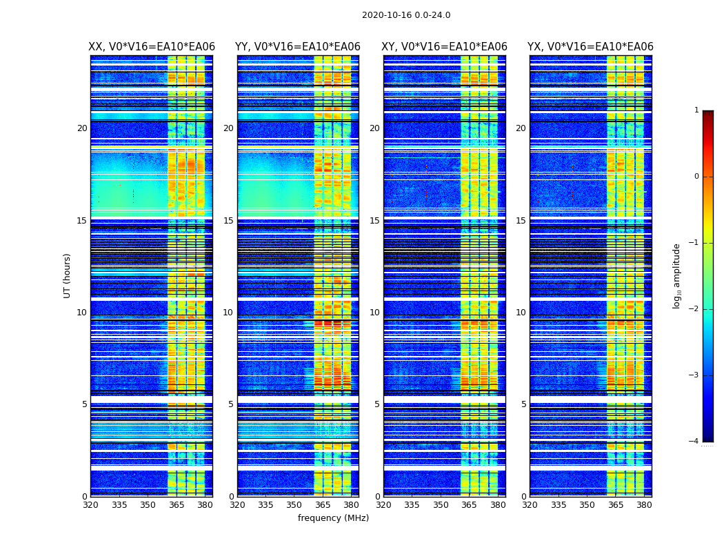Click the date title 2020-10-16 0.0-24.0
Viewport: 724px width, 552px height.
tap(406, 15)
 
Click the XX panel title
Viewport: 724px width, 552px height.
tap(152, 47)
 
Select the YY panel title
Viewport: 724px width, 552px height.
tap(298, 47)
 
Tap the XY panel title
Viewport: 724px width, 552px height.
tap(445, 47)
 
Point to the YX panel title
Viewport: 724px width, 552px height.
tap(590, 47)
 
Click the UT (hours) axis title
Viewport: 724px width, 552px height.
tap(68, 275)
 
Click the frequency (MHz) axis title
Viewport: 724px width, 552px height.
tap(333, 518)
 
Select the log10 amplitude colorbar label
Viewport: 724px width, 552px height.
tap(677, 275)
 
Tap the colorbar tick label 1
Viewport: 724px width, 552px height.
tap(696, 110)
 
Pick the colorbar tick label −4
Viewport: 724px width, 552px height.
tap(694, 442)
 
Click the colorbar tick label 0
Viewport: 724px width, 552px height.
tap(696, 177)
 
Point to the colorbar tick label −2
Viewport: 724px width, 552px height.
tap(694, 309)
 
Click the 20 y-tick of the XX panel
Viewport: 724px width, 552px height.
tap(82, 128)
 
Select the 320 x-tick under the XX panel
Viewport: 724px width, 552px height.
tap(90, 505)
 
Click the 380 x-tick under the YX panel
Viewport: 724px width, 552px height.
tap(644, 505)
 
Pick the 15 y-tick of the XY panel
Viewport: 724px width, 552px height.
tap(374, 221)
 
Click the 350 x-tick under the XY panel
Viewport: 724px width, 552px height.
tap(441, 505)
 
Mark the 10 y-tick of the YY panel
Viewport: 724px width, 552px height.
tap(228, 313)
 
